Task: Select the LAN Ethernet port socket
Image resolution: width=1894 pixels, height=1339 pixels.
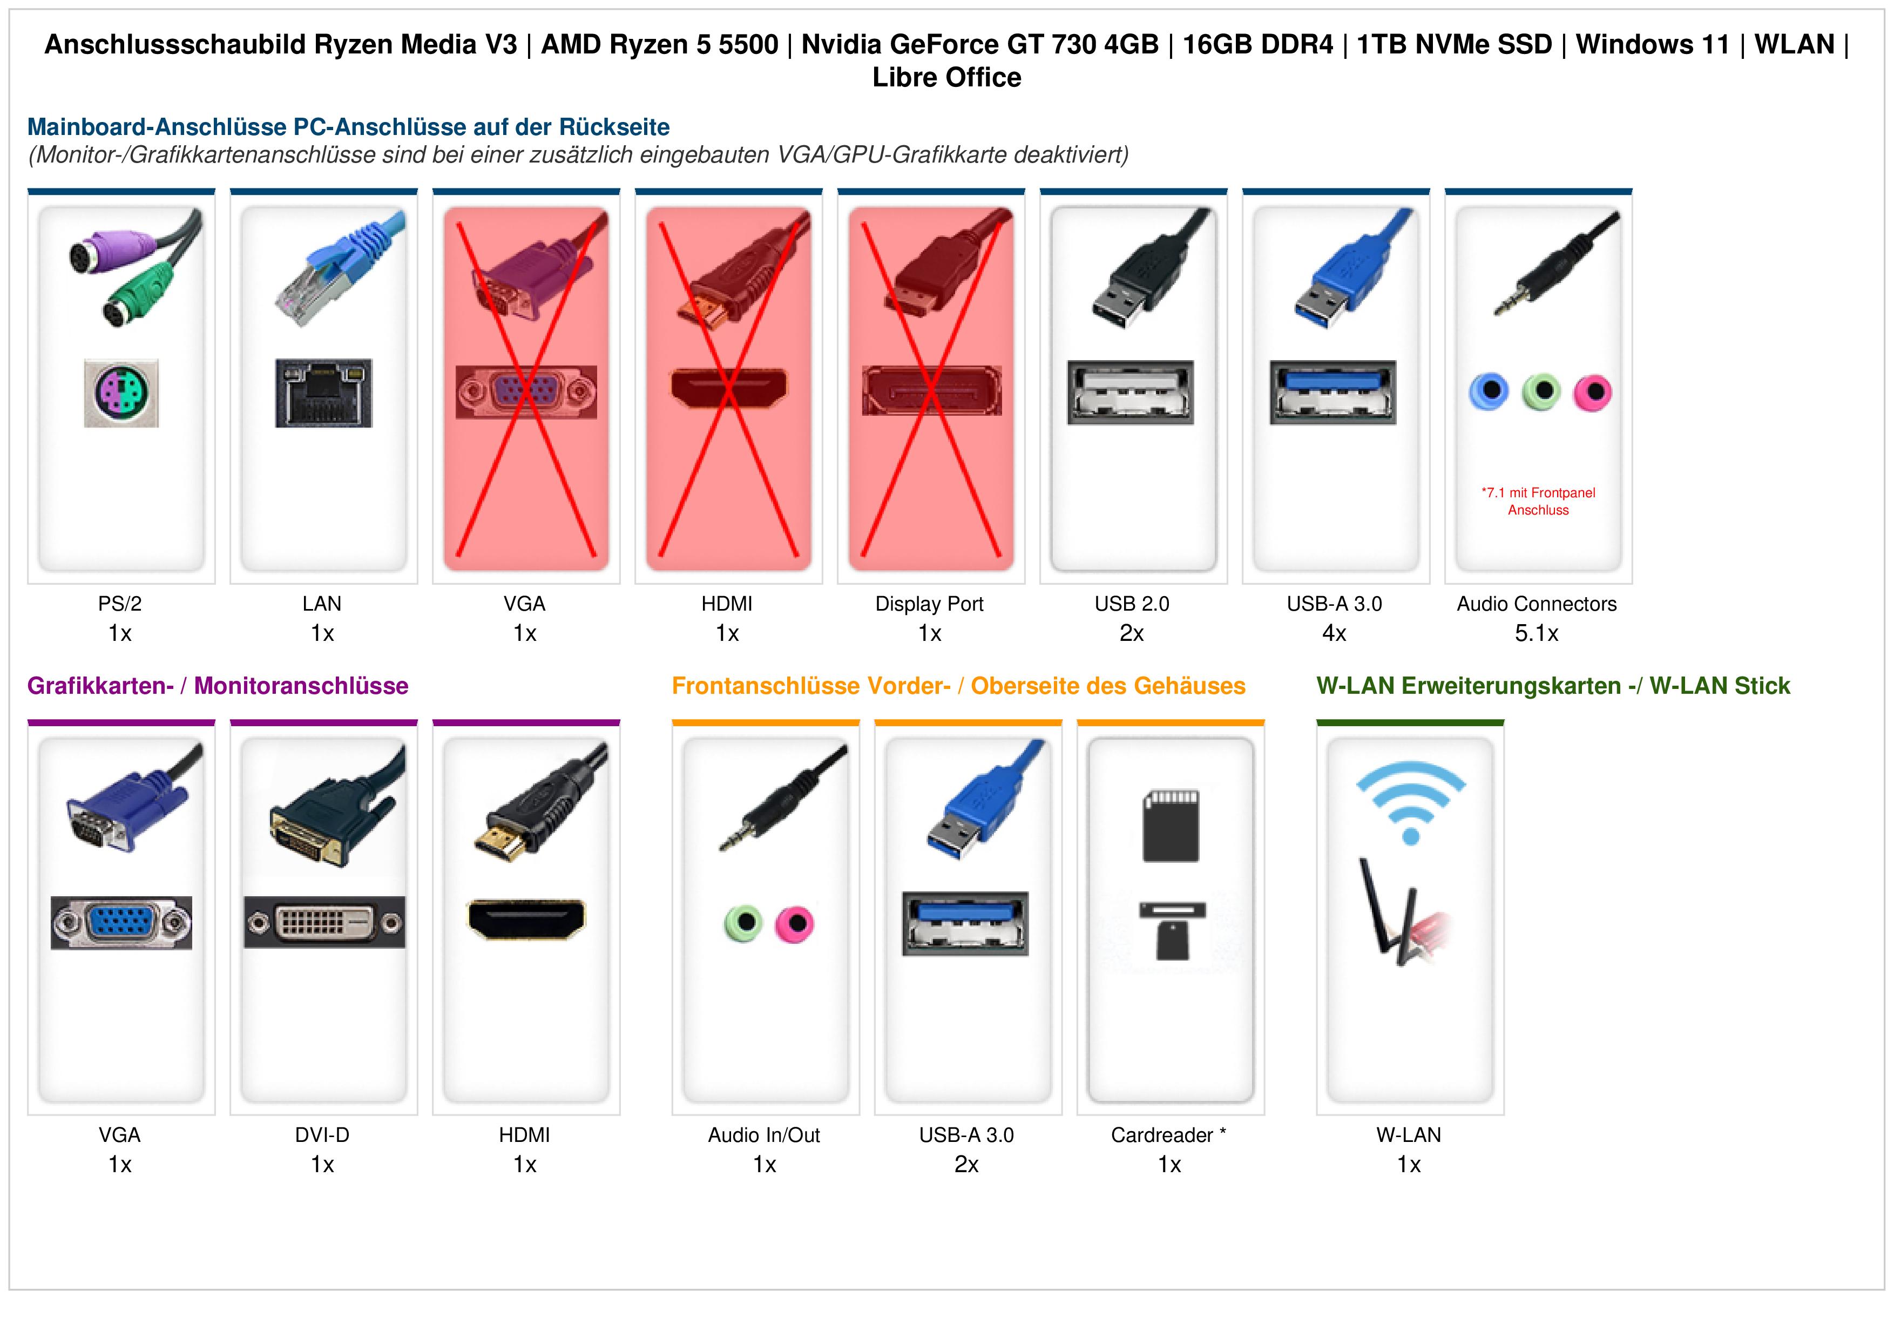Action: pyautogui.click(x=323, y=393)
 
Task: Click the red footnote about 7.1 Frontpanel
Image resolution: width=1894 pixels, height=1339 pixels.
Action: pyautogui.click(x=1538, y=502)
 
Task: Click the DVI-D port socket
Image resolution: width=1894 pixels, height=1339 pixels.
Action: pyautogui.click(x=324, y=922)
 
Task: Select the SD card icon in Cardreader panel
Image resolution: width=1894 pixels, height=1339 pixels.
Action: pyautogui.click(x=1171, y=826)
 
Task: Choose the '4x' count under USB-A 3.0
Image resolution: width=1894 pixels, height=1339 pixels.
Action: pyautogui.click(x=1334, y=634)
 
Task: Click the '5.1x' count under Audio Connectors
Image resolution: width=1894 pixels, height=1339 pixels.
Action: pyautogui.click(x=1536, y=634)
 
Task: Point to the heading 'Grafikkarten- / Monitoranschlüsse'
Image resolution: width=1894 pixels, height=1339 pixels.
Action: pyautogui.click(x=218, y=686)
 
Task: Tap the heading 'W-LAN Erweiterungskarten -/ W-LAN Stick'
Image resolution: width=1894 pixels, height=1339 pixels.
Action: pyautogui.click(x=1553, y=686)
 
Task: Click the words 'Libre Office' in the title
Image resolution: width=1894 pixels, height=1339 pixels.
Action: pyautogui.click(x=947, y=78)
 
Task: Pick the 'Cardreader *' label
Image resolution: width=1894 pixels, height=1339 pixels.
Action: pyautogui.click(x=1168, y=1135)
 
